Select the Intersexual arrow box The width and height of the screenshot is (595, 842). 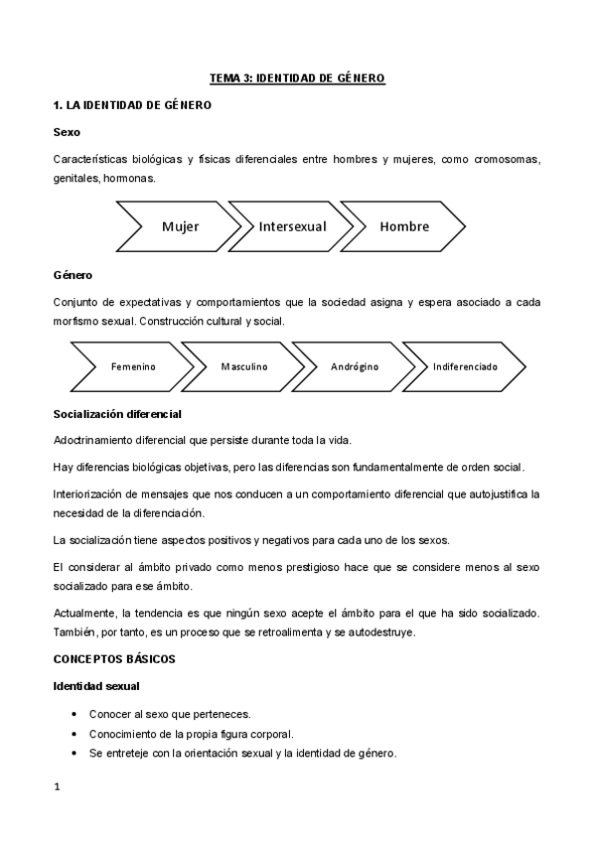[292, 226]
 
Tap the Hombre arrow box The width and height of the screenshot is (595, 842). [403, 226]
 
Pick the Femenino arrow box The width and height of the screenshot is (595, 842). [132, 366]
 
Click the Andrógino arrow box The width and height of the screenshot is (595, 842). [355, 366]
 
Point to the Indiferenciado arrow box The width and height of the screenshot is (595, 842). [465, 366]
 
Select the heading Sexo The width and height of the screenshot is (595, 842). [67, 132]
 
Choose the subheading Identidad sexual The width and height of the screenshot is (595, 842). [96, 686]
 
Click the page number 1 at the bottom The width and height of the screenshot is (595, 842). [57, 787]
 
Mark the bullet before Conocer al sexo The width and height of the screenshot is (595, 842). [76, 714]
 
